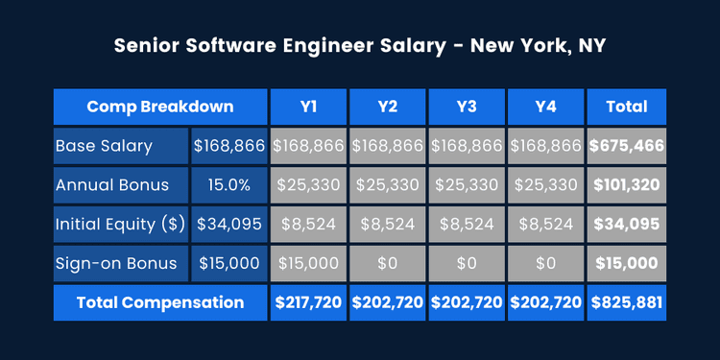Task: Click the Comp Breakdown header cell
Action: (x=159, y=107)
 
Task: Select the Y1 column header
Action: (x=308, y=107)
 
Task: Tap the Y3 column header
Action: (x=467, y=107)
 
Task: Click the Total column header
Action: (x=626, y=107)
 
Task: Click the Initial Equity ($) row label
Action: (x=121, y=224)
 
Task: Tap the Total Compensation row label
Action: (x=159, y=302)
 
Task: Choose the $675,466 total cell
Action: (x=626, y=146)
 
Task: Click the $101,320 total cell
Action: (x=626, y=184)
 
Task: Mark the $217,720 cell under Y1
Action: (x=308, y=302)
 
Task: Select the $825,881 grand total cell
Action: (x=626, y=302)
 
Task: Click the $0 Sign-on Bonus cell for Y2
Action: (x=388, y=262)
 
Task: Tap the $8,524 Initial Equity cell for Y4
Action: (x=545, y=224)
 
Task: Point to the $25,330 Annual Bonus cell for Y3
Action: (x=467, y=184)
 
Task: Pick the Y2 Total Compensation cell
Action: (x=388, y=302)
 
